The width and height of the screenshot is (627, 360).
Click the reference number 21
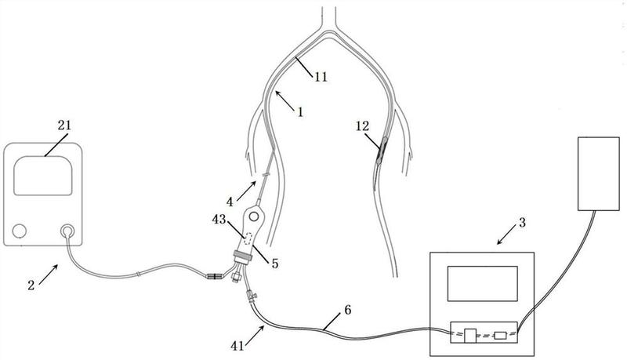tap(64, 125)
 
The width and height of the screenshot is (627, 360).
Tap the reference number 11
tap(321, 76)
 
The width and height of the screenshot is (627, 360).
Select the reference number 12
tap(362, 126)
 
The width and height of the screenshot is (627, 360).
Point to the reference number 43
tap(219, 219)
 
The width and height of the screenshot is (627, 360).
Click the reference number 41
tap(237, 345)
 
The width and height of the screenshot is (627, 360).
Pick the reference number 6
tap(347, 310)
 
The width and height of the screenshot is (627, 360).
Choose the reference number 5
tap(275, 264)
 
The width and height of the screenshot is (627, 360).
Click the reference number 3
tap(522, 223)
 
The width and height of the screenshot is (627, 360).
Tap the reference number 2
tap(31, 285)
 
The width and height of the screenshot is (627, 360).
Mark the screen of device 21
tap(43, 176)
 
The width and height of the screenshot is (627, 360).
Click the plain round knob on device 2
tap(19, 231)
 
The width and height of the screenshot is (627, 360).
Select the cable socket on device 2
tap(67, 231)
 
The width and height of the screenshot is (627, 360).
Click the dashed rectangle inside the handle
tap(248, 238)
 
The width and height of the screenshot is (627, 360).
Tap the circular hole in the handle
tap(253, 216)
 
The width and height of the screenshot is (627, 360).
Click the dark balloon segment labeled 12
tap(382, 151)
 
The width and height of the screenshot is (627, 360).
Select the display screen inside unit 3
tap(482, 284)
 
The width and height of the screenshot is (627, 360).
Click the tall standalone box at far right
tap(599, 173)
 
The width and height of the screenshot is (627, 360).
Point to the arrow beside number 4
tap(246, 191)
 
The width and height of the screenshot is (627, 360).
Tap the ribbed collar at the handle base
tap(243, 256)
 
